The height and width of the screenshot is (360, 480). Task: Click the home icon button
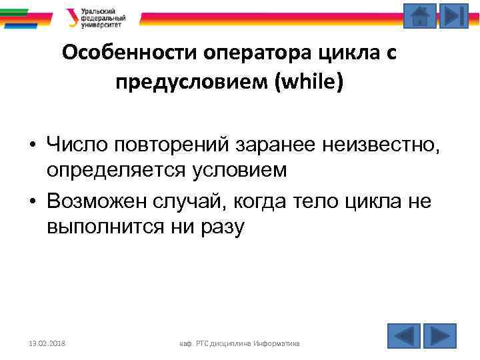click(x=420, y=16)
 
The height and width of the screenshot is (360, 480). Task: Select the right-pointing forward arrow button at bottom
click(x=440, y=335)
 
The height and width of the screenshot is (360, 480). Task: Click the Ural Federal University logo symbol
click(x=71, y=17)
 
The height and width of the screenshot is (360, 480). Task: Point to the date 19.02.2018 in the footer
click(x=47, y=343)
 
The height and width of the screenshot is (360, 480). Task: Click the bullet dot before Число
click(x=32, y=144)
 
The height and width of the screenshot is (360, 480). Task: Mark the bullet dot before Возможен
click(x=32, y=201)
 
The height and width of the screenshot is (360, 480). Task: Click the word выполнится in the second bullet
click(x=104, y=227)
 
